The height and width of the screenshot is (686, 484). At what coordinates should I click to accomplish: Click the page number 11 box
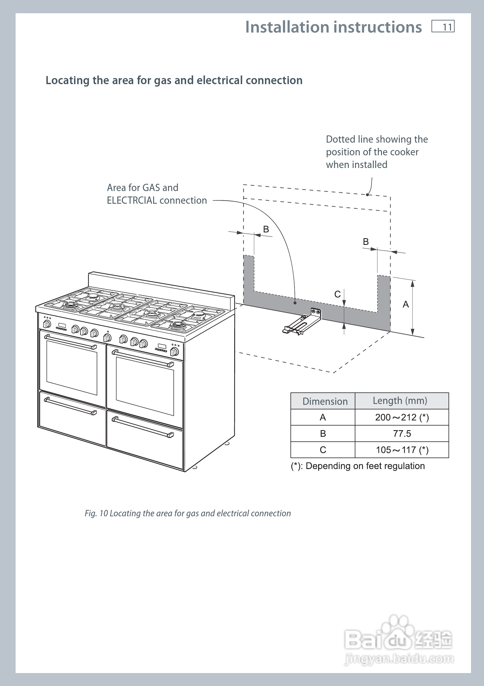[x=443, y=26]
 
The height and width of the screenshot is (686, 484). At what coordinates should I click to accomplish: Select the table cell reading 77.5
[x=402, y=434]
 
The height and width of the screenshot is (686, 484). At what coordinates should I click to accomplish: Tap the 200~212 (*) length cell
[x=402, y=417]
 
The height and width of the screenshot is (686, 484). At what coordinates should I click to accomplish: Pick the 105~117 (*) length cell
[x=402, y=450]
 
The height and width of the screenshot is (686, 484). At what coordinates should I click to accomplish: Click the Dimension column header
[x=323, y=401]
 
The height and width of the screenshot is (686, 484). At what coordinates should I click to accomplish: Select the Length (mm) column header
[x=402, y=401]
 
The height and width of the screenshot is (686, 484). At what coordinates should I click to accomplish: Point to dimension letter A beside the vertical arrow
[x=406, y=305]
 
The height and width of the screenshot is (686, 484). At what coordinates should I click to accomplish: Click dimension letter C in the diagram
[x=337, y=294]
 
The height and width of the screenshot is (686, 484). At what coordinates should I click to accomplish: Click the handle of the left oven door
[x=71, y=342]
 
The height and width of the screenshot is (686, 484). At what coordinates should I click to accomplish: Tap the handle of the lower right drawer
[x=143, y=427]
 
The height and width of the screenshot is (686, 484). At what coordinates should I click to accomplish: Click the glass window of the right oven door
[x=145, y=386]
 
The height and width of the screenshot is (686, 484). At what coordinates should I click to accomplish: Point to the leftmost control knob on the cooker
[x=47, y=324]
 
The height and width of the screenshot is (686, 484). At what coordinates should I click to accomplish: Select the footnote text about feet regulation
[x=358, y=466]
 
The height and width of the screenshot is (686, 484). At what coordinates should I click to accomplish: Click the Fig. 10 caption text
[x=187, y=513]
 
